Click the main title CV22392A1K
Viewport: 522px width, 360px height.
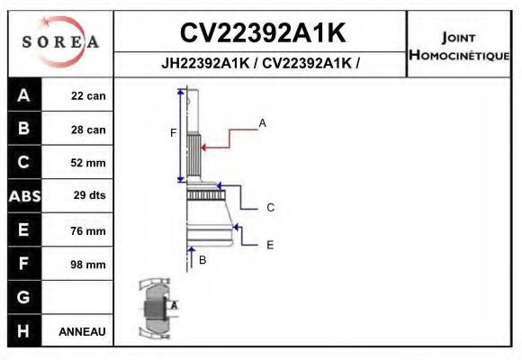[262, 32]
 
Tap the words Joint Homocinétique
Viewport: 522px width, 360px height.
[460, 45]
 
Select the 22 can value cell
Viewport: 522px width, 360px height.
[88, 96]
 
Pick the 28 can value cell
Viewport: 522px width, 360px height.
[88, 130]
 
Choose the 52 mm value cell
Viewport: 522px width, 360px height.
[88, 163]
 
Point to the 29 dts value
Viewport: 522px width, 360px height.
[88, 194]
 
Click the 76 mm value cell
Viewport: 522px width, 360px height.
[88, 231]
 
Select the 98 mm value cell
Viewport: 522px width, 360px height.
[88, 265]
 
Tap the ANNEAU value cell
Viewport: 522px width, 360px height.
[82, 331]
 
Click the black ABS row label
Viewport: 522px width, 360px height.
[23, 195]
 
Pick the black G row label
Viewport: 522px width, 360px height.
[23, 297]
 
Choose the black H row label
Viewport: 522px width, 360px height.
[23, 330]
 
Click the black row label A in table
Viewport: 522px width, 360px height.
[23, 95]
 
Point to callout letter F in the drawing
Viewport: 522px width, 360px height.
[173, 133]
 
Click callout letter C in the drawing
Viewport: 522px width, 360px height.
[270, 208]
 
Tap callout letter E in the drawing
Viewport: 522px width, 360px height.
[270, 244]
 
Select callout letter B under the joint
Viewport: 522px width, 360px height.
[202, 260]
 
